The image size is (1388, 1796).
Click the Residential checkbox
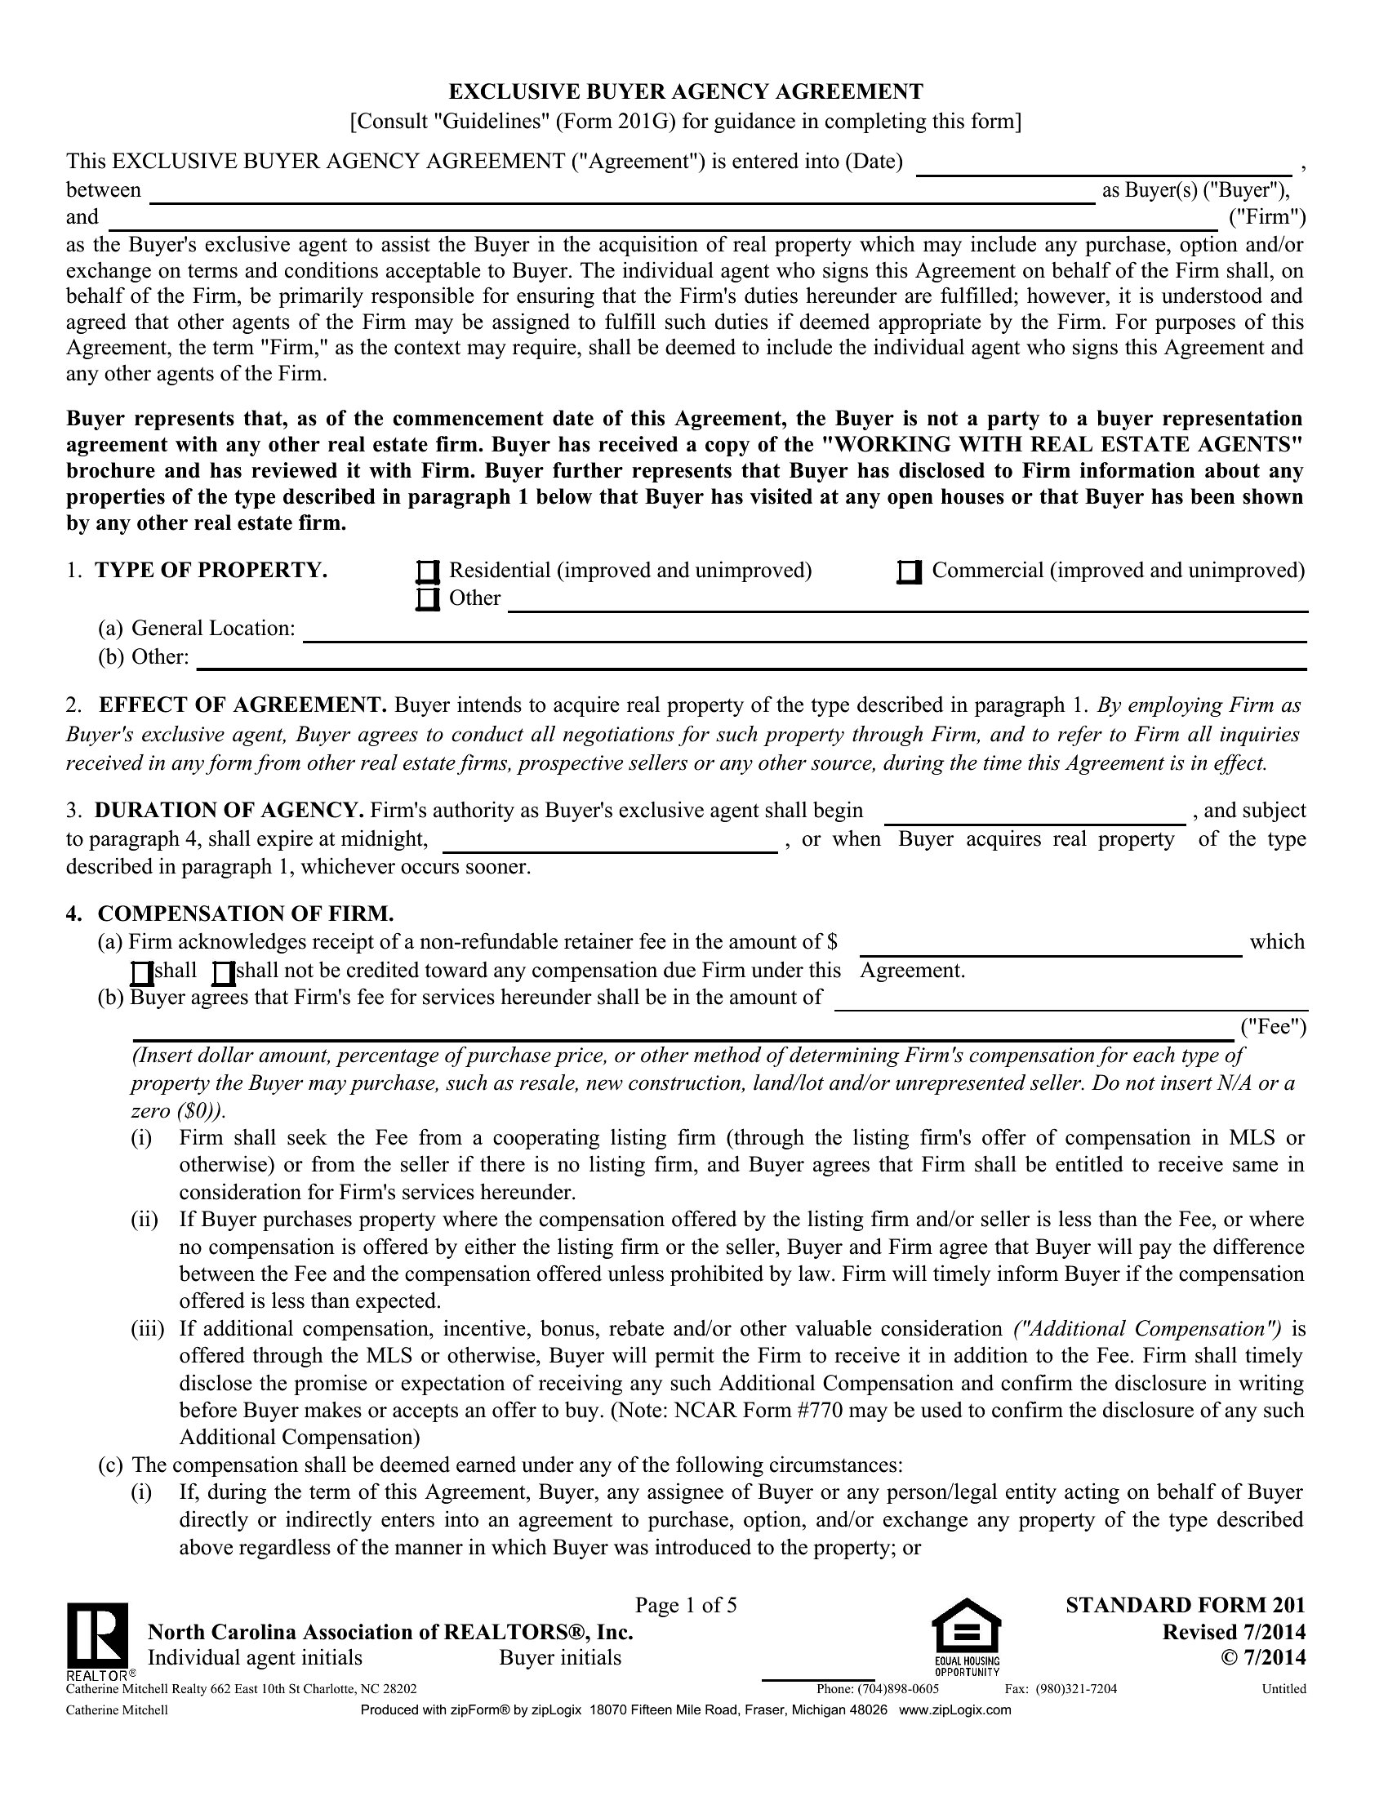[427, 571]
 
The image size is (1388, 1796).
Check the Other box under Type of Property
[427, 599]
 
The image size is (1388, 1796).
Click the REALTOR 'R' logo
[97, 1634]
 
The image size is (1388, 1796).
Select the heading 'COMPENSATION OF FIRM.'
[245, 914]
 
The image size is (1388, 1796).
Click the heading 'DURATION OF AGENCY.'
[229, 811]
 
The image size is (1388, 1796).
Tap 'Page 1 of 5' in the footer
[686, 1605]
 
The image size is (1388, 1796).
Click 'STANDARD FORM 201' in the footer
[1185, 1605]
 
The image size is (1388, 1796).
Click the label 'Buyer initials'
[560, 1657]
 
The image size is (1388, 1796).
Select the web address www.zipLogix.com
[954, 1710]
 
